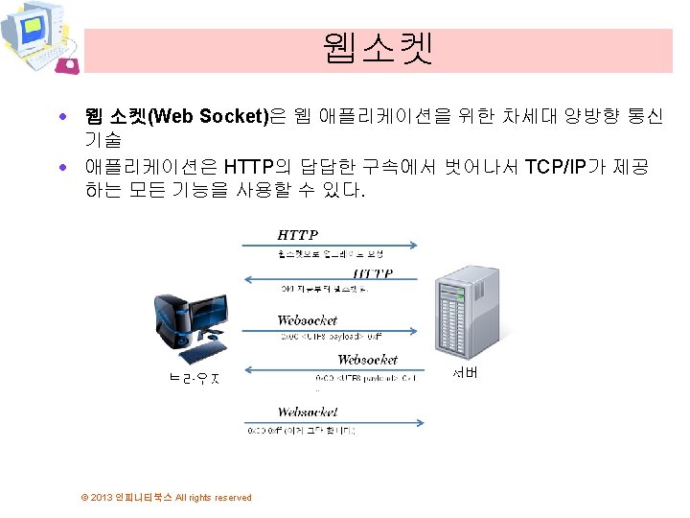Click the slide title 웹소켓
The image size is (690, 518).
[378, 48]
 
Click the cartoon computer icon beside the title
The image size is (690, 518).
[38, 37]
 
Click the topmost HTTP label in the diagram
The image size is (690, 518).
[297, 235]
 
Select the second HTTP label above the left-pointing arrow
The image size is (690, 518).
[372, 273]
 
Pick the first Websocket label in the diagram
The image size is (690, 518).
[307, 320]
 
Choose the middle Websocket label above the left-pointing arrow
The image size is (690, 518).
[367, 360]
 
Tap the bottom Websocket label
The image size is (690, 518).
[307, 412]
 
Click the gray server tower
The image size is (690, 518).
[464, 312]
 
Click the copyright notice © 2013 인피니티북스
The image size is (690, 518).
[167, 497]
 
